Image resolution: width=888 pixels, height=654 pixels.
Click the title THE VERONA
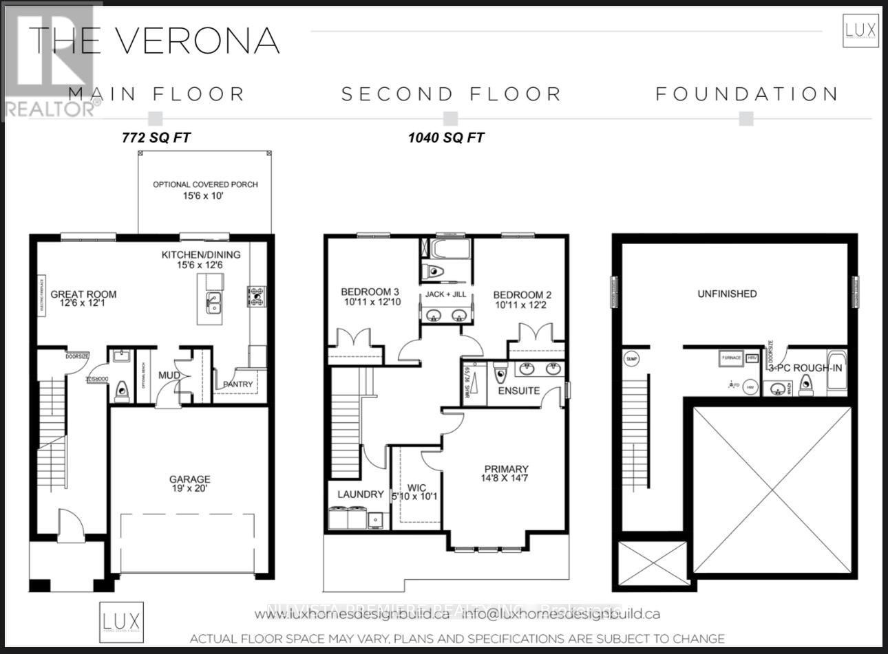click(x=154, y=41)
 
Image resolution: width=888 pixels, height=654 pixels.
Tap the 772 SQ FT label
click(x=156, y=138)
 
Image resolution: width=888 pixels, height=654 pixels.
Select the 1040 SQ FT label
click(x=445, y=138)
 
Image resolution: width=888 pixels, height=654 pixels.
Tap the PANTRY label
click(x=237, y=384)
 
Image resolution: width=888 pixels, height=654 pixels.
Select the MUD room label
click(x=169, y=375)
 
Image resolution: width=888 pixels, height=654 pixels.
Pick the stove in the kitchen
click(x=257, y=296)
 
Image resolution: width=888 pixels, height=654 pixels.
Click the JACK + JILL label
click(x=445, y=294)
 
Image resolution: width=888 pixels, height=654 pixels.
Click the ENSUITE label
click(x=518, y=391)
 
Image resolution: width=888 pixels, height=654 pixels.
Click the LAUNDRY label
click(x=360, y=494)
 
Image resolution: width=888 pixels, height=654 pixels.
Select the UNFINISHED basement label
click(x=727, y=294)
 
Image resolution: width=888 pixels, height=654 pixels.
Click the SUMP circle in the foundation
click(x=631, y=359)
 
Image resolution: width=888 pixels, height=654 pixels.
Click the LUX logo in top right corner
click(x=860, y=31)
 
